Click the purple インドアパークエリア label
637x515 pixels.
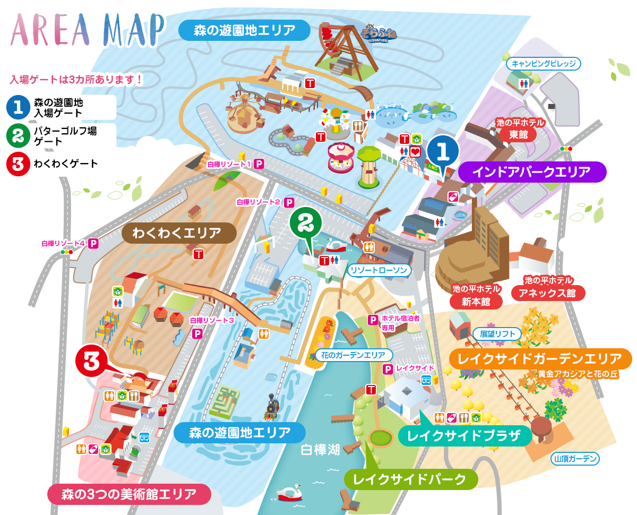pos(531,172)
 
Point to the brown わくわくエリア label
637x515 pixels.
pos(179,233)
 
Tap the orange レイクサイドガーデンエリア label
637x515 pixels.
pos(540,358)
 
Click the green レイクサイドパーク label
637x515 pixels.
pos(410,479)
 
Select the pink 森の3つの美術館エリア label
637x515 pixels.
pos(129,494)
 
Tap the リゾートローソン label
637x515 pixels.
pos(379,270)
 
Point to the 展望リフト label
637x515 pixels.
pos(497,334)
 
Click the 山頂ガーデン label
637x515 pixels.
pos(575,458)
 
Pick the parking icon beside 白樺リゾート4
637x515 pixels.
pos(94,244)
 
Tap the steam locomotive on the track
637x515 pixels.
pos(272,407)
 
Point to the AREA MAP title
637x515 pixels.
pos(88,30)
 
